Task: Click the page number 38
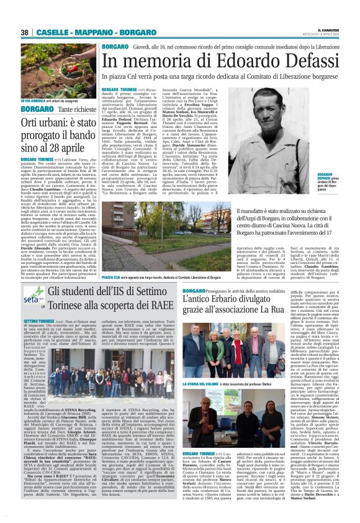click(x=25, y=33)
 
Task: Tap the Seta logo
click(x=32, y=293)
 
